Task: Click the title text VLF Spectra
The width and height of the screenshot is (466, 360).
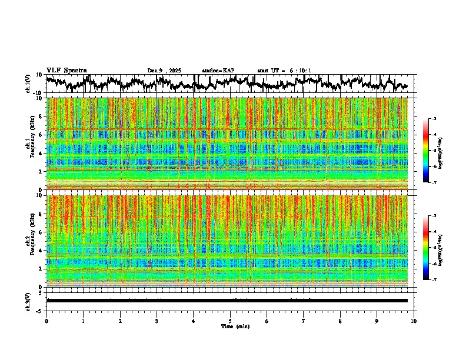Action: point(66,70)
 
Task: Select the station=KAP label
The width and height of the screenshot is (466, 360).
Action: point(218,71)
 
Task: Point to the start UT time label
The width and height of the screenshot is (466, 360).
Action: point(284,71)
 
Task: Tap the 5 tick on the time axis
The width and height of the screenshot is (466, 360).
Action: point(230,321)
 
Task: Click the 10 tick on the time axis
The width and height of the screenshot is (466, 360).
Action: point(414,321)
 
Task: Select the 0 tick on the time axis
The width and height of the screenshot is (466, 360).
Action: point(46,321)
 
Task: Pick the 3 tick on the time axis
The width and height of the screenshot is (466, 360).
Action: point(157,321)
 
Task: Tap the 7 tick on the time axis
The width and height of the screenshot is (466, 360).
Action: point(304,321)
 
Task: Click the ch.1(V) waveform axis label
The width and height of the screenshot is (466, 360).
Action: point(28,84)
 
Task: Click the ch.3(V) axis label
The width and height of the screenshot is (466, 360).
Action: point(28,300)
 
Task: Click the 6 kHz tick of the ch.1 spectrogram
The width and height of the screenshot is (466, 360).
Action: point(41,135)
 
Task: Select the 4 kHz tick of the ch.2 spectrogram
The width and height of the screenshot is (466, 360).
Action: point(41,250)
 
